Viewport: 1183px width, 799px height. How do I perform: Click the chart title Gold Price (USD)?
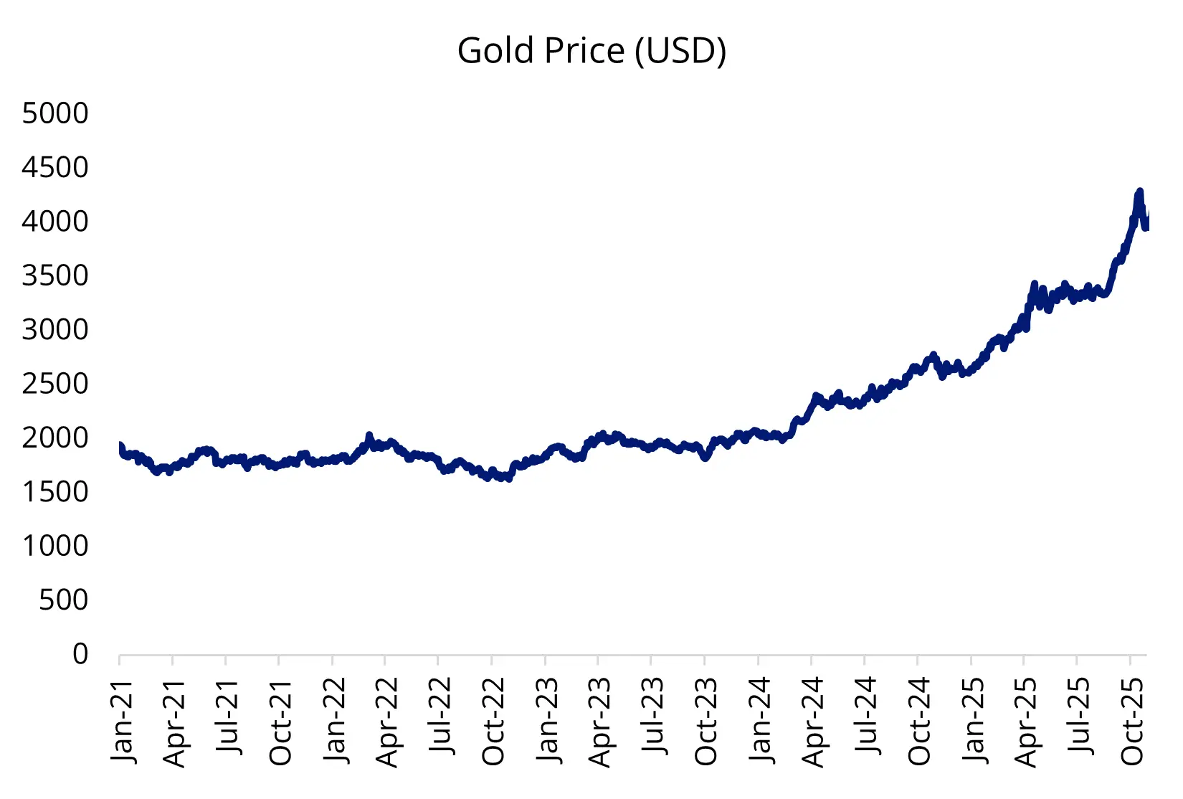click(x=591, y=51)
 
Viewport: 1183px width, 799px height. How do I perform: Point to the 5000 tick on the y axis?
click(x=55, y=113)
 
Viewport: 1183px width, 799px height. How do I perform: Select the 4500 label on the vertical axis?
click(x=55, y=168)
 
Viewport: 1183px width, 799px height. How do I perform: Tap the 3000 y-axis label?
click(x=55, y=330)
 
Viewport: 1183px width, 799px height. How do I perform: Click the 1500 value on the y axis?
click(x=55, y=492)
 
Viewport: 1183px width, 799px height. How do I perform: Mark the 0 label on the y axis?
click(x=80, y=653)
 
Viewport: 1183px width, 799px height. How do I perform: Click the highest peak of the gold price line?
click(x=1139, y=192)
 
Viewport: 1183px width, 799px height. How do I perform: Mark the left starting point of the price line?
click(x=120, y=446)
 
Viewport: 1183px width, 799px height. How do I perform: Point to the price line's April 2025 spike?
click(x=1034, y=285)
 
